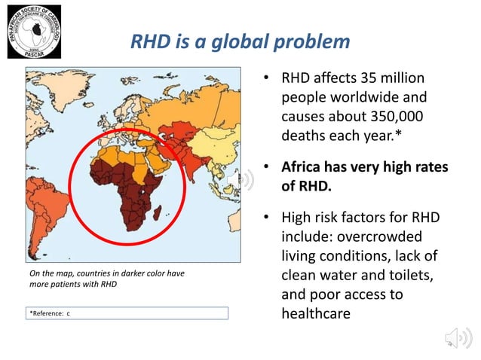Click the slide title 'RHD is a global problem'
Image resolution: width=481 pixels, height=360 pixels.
tap(240, 41)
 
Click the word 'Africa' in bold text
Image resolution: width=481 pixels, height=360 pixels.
tap(305, 166)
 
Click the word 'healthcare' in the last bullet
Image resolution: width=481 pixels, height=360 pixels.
tap(316, 313)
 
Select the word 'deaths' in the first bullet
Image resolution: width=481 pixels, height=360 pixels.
tap(305, 136)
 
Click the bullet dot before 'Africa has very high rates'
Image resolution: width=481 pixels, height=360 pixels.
tap(267, 166)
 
